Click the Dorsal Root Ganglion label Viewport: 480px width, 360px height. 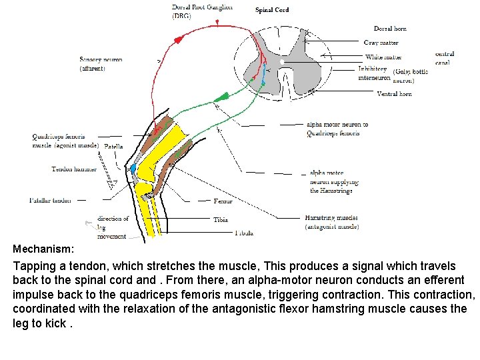coord(202,11)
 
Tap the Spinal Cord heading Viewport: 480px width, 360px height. coord(272,10)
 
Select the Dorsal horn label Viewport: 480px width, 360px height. coord(390,29)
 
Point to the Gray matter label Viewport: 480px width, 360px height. coord(381,43)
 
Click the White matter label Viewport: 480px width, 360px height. coord(383,57)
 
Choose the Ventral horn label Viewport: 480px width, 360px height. coord(394,94)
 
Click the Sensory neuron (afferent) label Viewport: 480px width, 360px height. coord(101,64)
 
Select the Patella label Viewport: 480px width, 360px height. coord(113,146)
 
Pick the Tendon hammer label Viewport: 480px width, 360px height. coord(74,169)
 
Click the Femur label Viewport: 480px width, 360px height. coord(223,201)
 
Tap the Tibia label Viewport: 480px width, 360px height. coord(220,219)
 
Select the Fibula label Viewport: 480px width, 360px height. coord(243,233)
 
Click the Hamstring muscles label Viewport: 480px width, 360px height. coord(331,222)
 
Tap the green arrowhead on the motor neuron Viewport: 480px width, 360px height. coord(223,97)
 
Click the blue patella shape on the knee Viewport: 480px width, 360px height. coord(133,168)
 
